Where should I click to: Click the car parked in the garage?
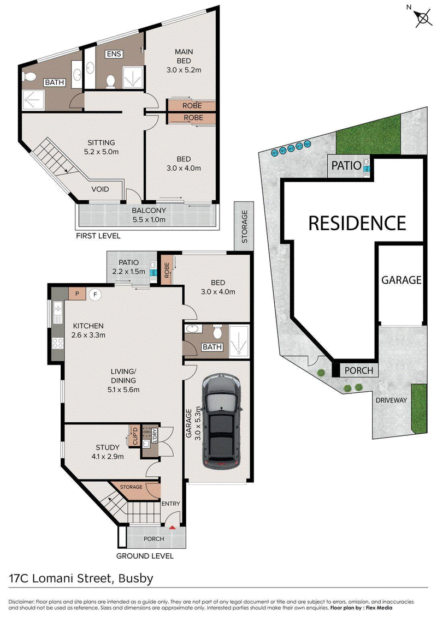pyautogui.click(x=221, y=421)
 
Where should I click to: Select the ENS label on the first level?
pyautogui.click(x=114, y=54)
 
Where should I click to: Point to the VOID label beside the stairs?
pyautogui.click(x=100, y=189)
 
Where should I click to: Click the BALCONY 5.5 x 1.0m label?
pyautogui.click(x=149, y=215)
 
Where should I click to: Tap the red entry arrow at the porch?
pyautogui.click(x=172, y=528)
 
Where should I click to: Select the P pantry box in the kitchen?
pyautogui.click(x=77, y=293)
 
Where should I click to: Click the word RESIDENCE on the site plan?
pyautogui.click(x=357, y=223)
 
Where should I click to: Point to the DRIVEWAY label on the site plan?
pyautogui.click(x=391, y=400)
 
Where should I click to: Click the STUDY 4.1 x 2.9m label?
pyautogui.click(x=108, y=452)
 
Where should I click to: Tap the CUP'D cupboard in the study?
pyautogui.click(x=135, y=436)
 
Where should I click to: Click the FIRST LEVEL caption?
pyautogui.click(x=98, y=236)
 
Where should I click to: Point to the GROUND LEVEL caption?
pyautogui.click(x=145, y=556)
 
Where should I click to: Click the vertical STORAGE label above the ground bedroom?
pyautogui.click(x=244, y=226)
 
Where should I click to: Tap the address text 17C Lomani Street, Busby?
pyautogui.click(x=81, y=578)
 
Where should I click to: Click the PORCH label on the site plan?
pyautogui.click(x=358, y=370)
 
